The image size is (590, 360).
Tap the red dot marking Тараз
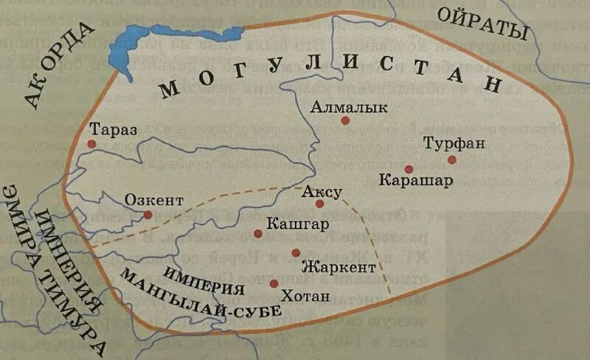coord(91,143)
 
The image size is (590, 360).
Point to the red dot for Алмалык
coord(345,120)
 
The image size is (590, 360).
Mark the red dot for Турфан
coord(451,159)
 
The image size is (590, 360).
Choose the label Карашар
coord(411,181)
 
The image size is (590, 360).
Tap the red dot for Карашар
coord(409,169)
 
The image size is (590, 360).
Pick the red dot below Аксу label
coord(319,204)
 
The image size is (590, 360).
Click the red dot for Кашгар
coord(258,234)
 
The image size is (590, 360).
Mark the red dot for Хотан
coord(274,283)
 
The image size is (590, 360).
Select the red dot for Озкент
coord(147,215)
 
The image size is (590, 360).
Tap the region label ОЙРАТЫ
coord(484,22)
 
